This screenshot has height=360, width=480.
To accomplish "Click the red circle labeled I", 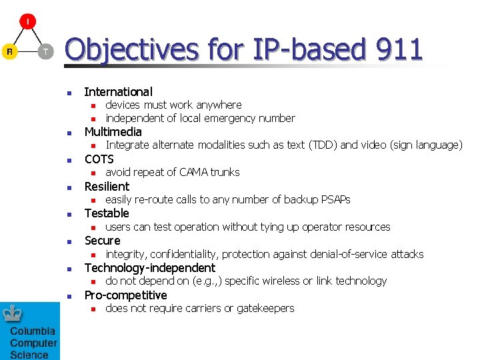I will pos(27,22).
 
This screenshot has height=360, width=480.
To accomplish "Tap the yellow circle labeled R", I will pos(9,51).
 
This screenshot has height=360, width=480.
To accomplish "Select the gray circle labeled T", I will pos(45,51).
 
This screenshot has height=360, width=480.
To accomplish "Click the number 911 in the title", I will pos(399,49).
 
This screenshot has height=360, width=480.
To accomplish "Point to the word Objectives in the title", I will pos(131,49).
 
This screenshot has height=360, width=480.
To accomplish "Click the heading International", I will pos(118,92).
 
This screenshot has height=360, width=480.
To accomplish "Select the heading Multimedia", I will pos(113,132).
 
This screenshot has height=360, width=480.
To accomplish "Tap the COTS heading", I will pos(99,159).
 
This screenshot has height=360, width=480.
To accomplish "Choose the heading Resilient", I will pos(107,187).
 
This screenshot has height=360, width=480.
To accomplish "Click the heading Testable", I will pos(107,213).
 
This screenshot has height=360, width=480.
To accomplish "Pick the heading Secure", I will pos(102,241).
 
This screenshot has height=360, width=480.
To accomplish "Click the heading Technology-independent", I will pos(149,268).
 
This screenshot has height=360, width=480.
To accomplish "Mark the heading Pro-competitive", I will pos(125,295).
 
